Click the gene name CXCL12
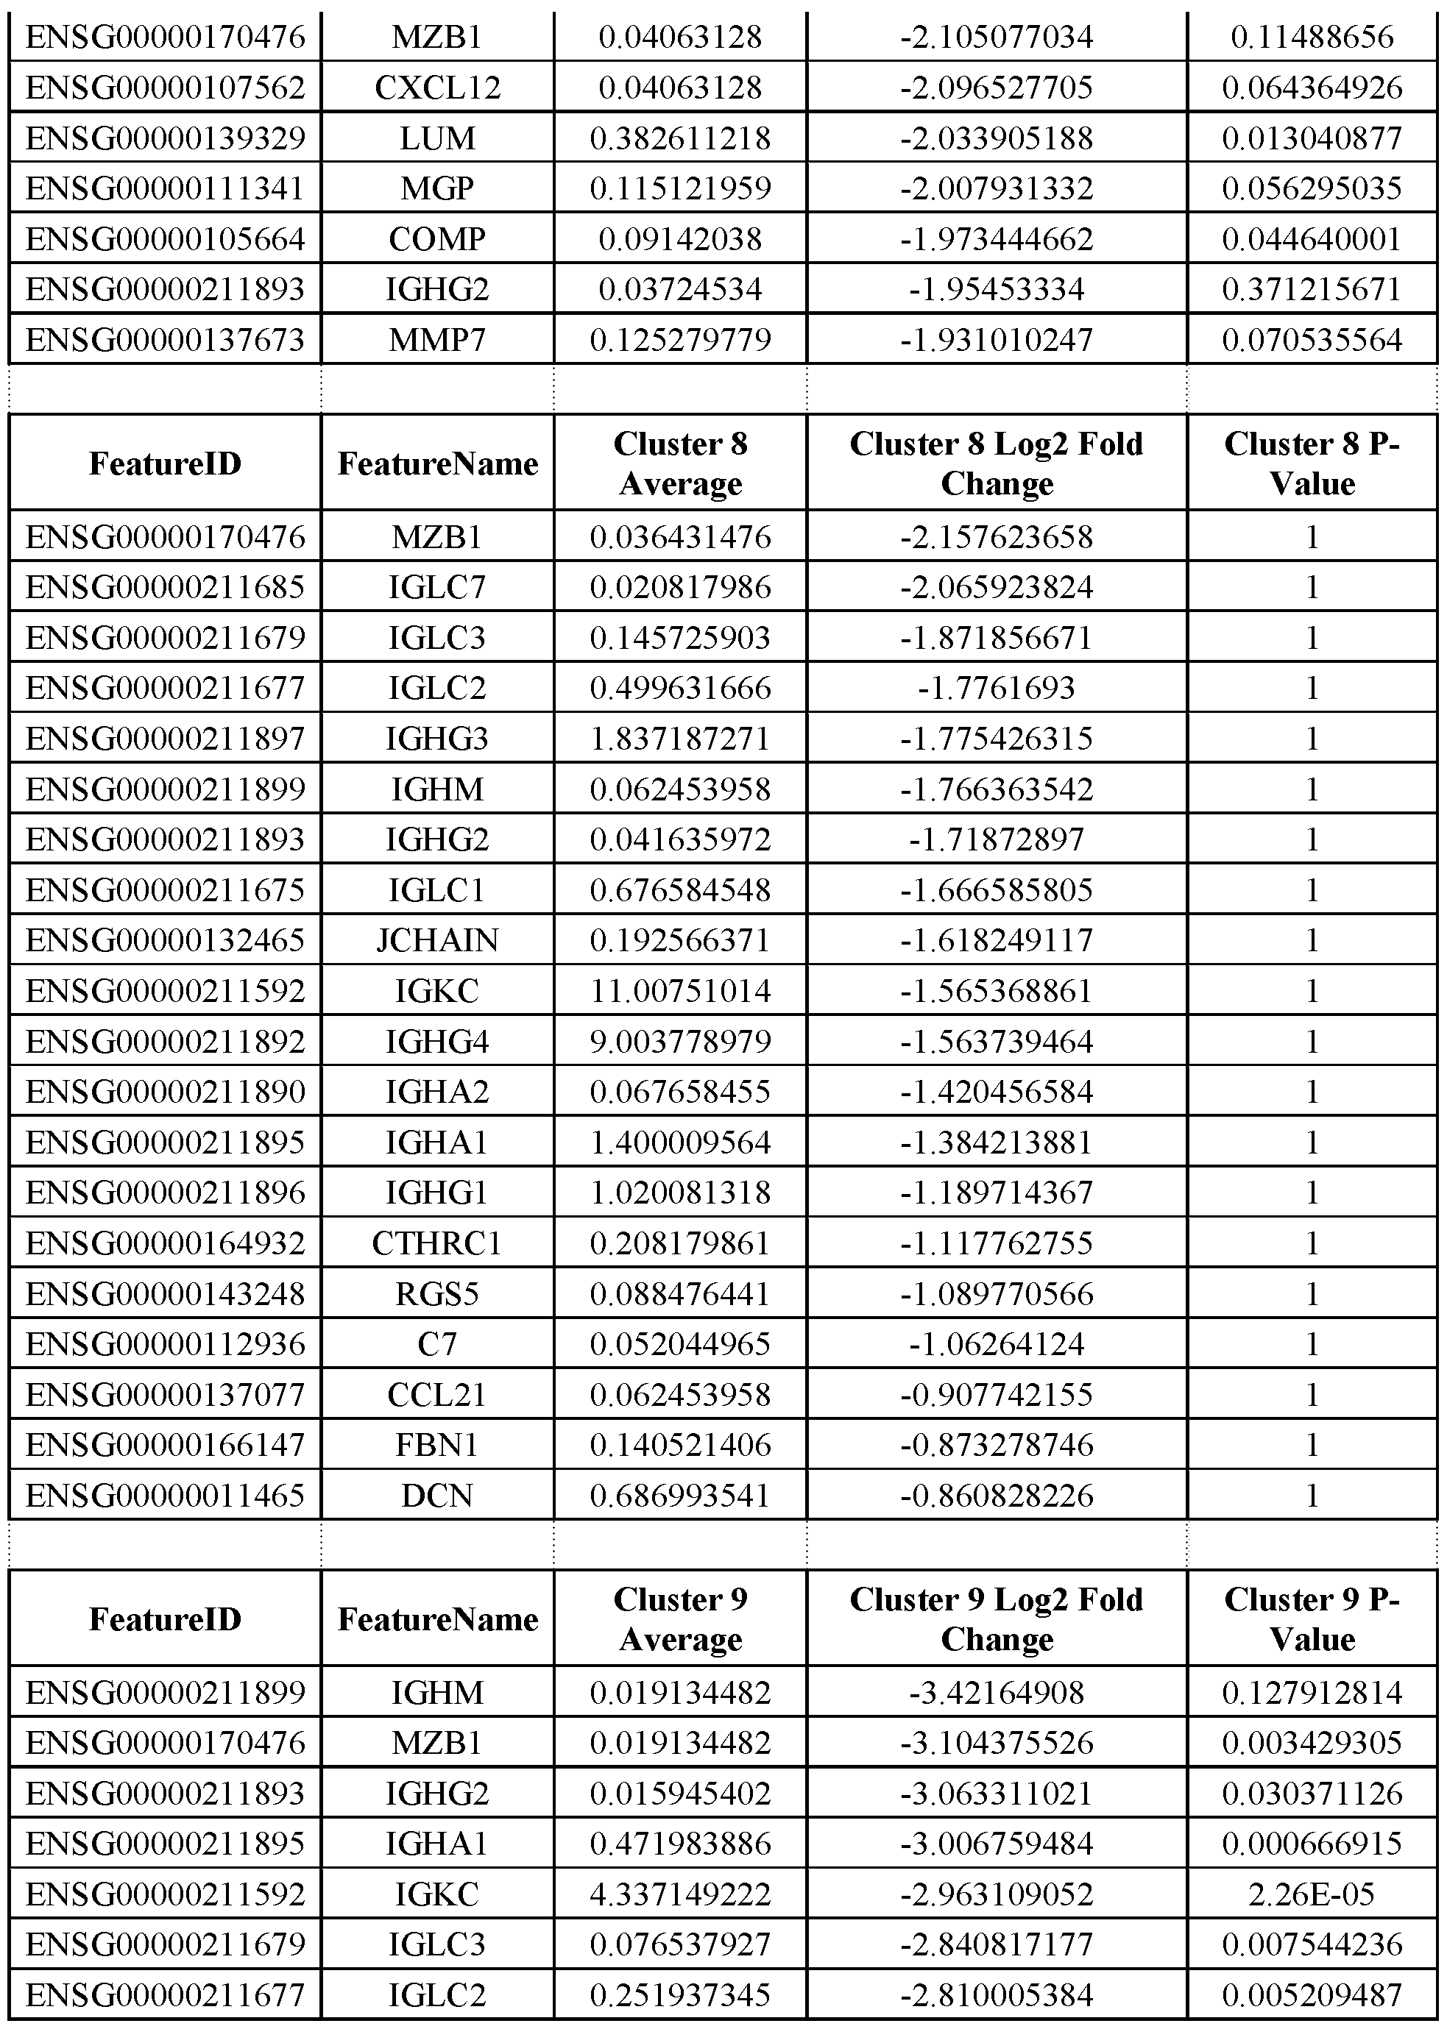tap(437, 88)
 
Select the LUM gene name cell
tap(437, 138)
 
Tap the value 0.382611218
tap(680, 138)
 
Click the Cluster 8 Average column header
tap(680, 463)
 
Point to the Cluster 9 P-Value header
tap(1312, 1618)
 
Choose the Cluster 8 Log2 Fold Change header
tap(996, 463)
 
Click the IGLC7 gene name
tap(437, 587)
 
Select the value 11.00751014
tap(680, 990)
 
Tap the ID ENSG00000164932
tap(166, 1243)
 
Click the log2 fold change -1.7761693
tap(996, 688)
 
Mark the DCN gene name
tap(437, 1496)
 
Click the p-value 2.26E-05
tap(1312, 1893)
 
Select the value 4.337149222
tap(680, 1893)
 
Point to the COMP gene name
tap(437, 238)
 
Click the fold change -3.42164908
tap(996, 1691)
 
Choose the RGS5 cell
tap(437, 1293)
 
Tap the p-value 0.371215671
tap(1312, 289)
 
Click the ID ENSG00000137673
tap(166, 340)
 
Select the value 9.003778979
tap(680, 1041)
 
